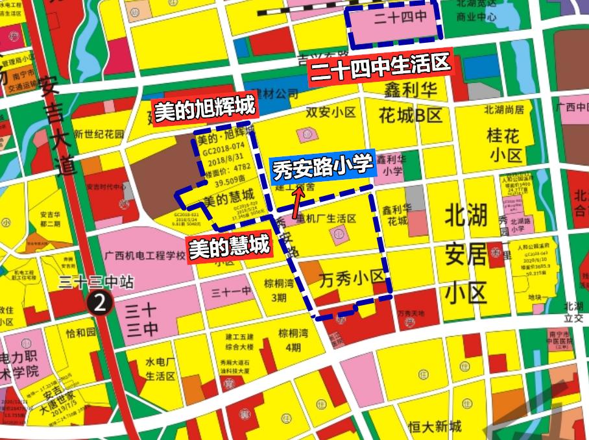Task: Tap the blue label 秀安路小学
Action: coord(324,167)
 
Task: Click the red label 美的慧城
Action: coord(228,247)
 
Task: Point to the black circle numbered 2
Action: coord(100,301)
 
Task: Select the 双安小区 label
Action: coord(331,112)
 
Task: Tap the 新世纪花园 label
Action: coord(98,134)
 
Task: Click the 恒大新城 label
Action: coord(435,426)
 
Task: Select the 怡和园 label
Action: coord(80,333)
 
